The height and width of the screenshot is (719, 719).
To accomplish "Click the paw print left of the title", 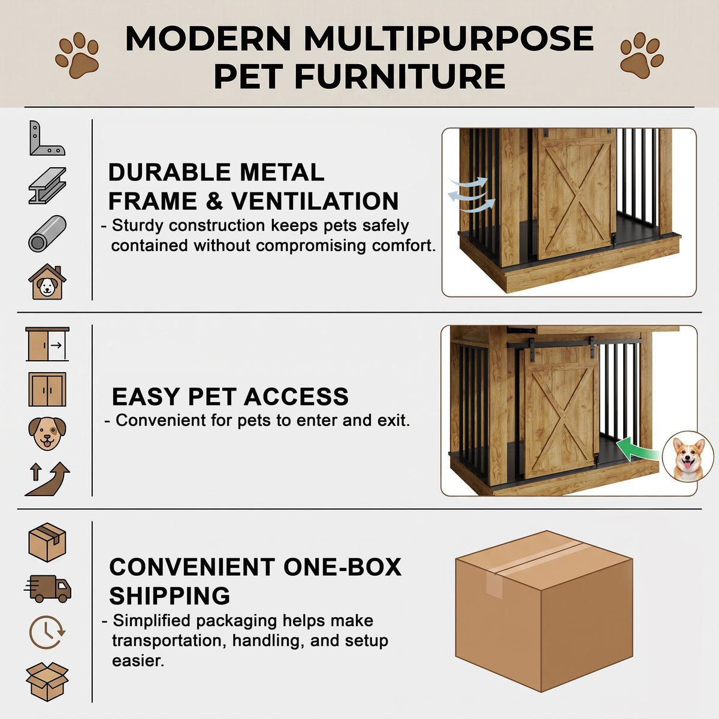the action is pyautogui.click(x=77, y=55).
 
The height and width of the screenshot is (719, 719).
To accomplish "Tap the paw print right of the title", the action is pyautogui.click(x=641, y=55).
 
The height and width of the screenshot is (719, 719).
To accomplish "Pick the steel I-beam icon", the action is pyautogui.click(x=47, y=185).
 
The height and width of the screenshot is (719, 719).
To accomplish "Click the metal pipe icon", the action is pyautogui.click(x=47, y=234).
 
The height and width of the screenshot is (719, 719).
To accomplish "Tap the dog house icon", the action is pyautogui.click(x=47, y=282).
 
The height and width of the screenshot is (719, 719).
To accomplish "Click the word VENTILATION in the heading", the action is pyautogui.click(x=315, y=201).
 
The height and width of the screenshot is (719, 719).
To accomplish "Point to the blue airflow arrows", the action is pyautogui.click(x=472, y=195).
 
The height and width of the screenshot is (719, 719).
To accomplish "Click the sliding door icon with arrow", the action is pyautogui.click(x=47, y=344).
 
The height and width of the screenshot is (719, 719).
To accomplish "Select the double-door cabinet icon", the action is pyautogui.click(x=47, y=389).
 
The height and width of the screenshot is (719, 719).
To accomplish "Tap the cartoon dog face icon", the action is pyautogui.click(x=47, y=433).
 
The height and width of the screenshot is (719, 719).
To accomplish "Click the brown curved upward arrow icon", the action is pyautogui.click(x=47, y=479).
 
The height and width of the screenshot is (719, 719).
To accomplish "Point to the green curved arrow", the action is pyautogui.click(x=636, y=449).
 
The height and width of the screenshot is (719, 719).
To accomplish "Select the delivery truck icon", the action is pyautogui.click(x=47, y=589).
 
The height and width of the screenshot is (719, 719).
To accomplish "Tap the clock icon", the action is pyautogui.click(x=47, y=633).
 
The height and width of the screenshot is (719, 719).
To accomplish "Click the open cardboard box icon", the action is pyautogui.click(x=47, y=681).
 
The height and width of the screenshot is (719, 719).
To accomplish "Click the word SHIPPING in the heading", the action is pyautogui.click(x=170, y=596).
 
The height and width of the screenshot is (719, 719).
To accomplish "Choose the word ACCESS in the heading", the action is pyautogui.click(x=296, y=396).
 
